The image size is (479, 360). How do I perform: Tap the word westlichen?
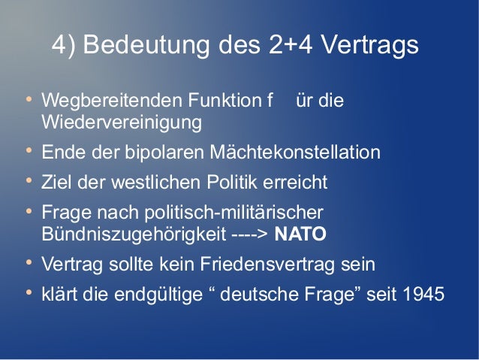151,183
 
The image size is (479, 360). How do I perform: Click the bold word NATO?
300,234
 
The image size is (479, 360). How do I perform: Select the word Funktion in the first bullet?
218,100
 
